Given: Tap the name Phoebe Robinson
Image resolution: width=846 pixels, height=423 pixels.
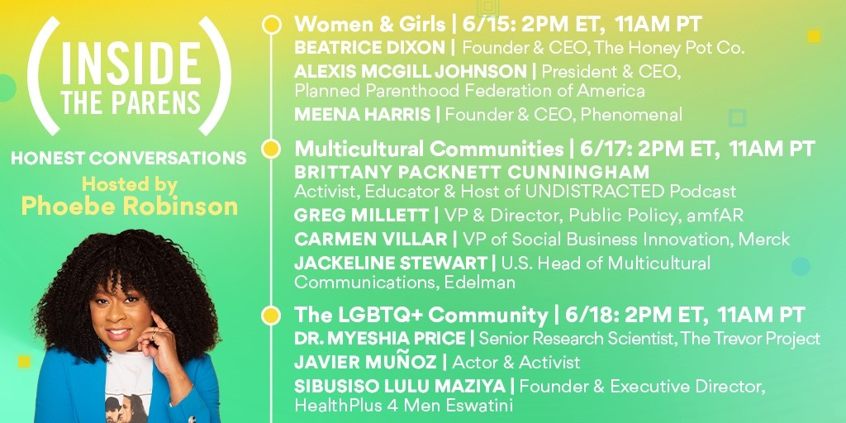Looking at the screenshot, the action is click(130, 206).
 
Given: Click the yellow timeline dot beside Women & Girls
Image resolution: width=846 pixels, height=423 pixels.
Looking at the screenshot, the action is click(271, 25).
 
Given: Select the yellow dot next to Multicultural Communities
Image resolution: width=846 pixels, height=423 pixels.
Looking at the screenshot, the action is click(271, 149).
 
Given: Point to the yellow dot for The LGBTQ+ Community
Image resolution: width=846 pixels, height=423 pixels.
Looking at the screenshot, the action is click(271, 316).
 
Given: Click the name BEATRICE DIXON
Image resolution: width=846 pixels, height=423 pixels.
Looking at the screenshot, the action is click(369, 47).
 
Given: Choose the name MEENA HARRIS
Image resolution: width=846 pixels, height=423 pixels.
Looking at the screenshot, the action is click(363, 114).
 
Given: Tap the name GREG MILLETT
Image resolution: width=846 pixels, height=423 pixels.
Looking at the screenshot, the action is click(361, 216).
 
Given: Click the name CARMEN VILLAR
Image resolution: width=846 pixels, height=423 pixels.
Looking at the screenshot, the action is click(371, 239).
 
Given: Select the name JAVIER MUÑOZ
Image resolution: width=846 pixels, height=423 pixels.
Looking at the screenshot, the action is click(365, 362).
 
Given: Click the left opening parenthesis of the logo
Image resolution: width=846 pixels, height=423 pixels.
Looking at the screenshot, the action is click(43, 75).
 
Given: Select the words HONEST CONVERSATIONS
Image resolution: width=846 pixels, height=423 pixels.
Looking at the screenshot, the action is click(128, 158).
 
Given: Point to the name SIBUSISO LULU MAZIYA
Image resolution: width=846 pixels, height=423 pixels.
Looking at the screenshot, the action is click(400, 387).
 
